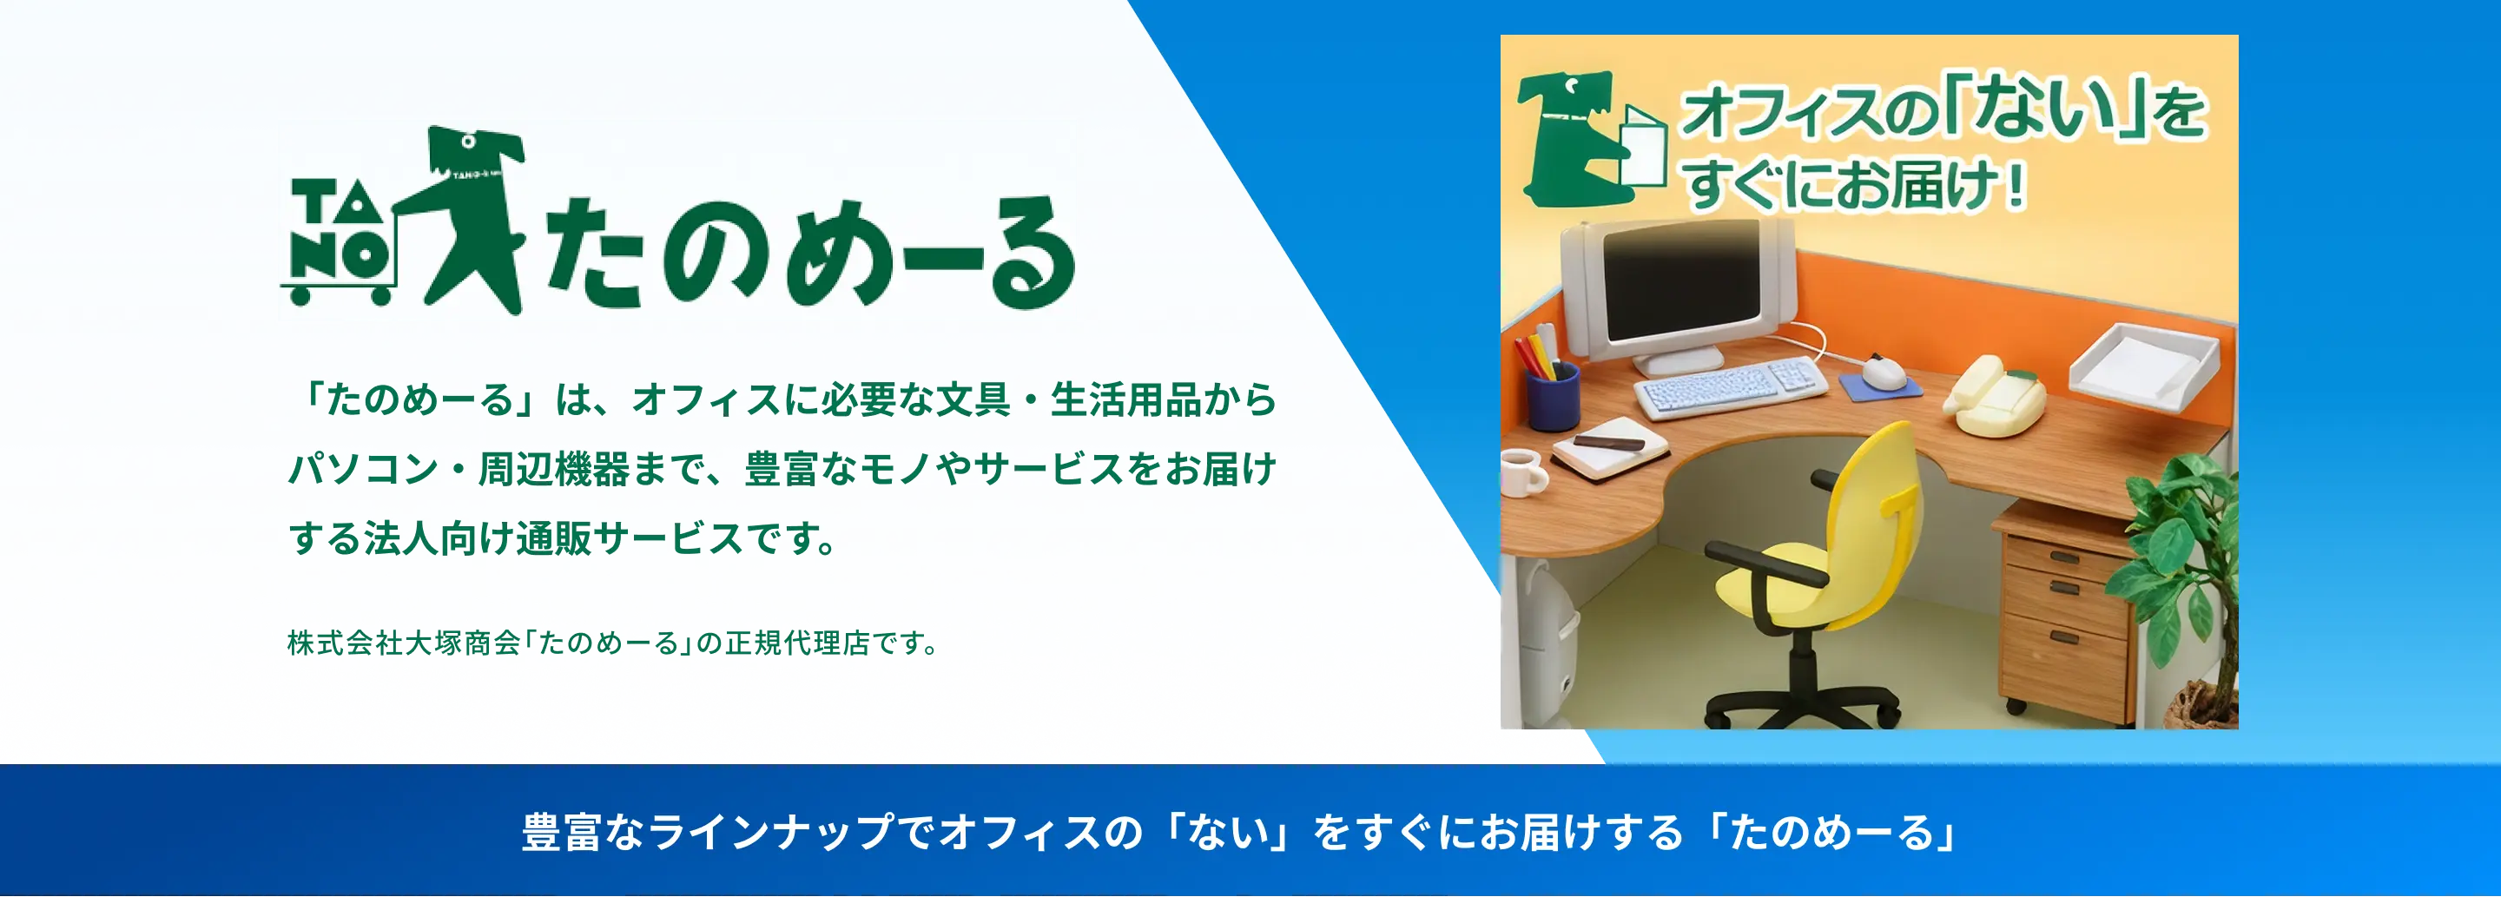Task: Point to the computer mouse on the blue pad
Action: point(1881,372)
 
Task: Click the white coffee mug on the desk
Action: point(1522,472)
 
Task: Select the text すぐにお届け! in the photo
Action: point(1854,184)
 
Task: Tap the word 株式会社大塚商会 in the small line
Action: point(404,643)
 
